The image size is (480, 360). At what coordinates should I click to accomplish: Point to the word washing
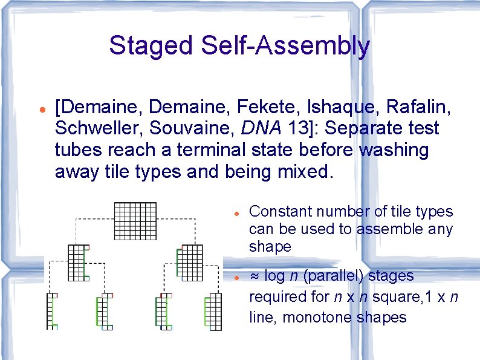(394, 149)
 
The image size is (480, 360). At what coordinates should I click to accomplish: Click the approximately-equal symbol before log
(255, 276)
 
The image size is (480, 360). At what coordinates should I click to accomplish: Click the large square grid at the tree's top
(135, 221)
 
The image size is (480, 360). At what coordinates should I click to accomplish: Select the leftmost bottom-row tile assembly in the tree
(53, 311)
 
